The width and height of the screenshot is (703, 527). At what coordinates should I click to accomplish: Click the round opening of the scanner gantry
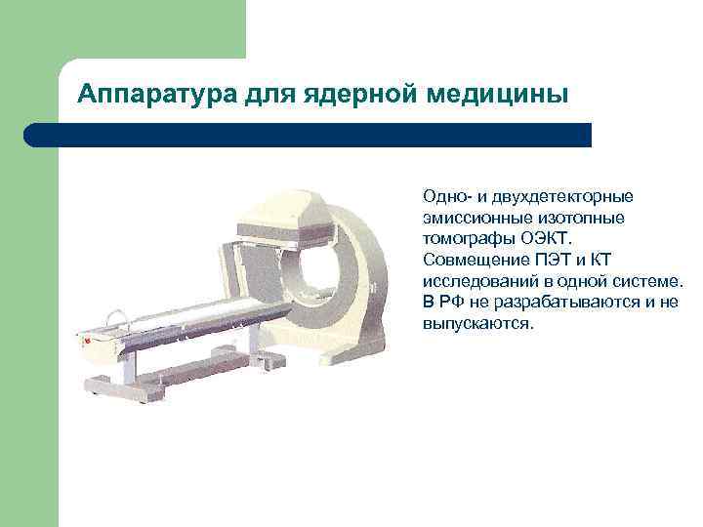coord(323,257)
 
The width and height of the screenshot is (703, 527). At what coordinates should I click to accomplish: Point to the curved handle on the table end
coord(117,316)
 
